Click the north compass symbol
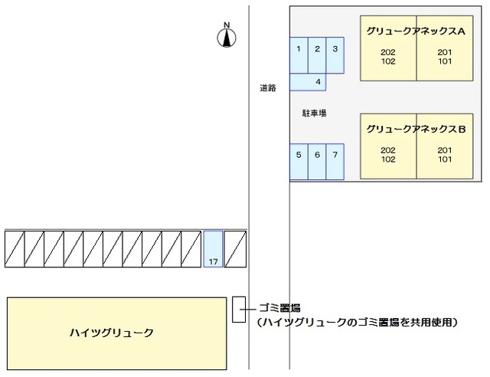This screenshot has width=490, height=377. coord(227,37)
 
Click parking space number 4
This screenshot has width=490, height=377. coord(317,81)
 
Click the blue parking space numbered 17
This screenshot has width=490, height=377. coord(213,249)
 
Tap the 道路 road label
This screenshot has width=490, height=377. coord(267,88)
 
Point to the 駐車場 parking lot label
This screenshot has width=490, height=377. coord(314,113)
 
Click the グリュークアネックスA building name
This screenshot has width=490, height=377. coord(416,31)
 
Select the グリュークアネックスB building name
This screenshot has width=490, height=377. coord(416,129)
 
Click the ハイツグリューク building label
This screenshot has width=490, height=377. coord(112,333)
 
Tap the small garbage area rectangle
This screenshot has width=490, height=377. coord(238,308)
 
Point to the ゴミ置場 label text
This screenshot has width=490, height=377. coord(279,308)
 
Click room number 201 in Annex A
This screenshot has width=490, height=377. coord(445,52)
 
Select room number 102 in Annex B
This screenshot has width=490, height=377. coord(387,159)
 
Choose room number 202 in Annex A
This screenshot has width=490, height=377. coord(387,52)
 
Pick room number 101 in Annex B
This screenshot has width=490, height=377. coord(445,159)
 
